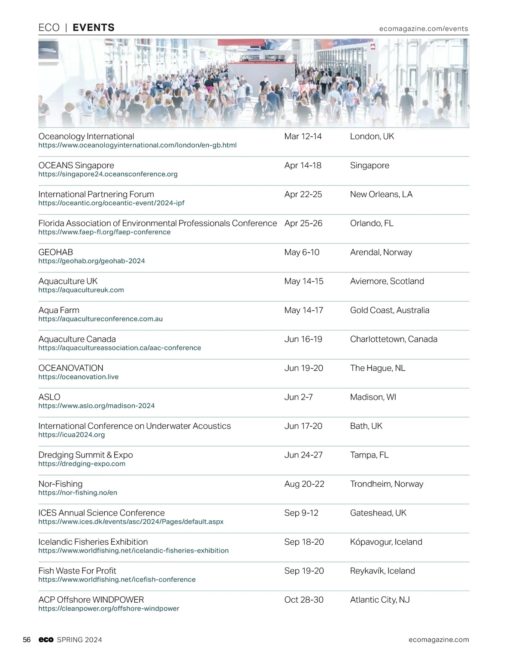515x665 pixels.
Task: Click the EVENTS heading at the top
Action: pos(94,27)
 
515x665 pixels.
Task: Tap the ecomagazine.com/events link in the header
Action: pos(423,29)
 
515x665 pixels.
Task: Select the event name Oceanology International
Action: pos(86,136)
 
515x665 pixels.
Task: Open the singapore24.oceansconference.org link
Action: pos(108,174)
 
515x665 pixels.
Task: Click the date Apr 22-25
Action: pos(303,194)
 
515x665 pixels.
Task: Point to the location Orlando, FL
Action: pos(371,223)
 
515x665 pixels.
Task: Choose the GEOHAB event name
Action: pos(56,252)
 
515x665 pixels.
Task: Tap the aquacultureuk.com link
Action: pos(81,290)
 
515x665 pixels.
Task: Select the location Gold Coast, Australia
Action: pos(389,310)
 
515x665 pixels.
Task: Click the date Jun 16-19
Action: pos(303,339)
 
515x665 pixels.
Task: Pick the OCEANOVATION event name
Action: pos(71,368)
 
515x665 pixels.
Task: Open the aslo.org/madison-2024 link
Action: pos(97,406)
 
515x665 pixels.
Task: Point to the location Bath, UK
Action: pos(366,426)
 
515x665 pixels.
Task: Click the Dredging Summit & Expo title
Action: pos(85,455)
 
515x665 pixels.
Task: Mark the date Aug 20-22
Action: pos(304,484)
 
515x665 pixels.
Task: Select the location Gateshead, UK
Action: pos(378,513)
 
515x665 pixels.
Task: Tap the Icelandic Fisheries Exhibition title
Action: pos(93,542)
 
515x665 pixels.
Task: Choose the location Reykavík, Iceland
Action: pos(382,571)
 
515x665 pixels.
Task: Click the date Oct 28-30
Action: pos(304,600)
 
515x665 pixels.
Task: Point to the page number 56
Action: pos(27,640)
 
